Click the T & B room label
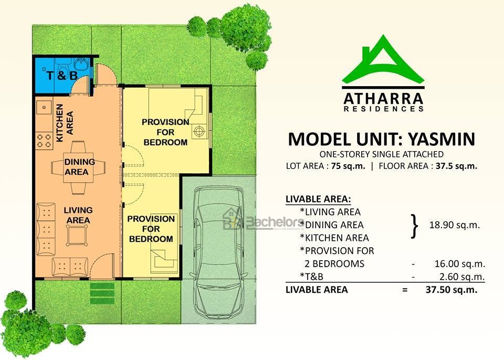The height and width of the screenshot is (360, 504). [62, 76]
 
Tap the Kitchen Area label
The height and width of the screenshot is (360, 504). [65, 123]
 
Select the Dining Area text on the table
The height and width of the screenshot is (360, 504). [80, 167]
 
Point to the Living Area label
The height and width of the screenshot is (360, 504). [78, 215]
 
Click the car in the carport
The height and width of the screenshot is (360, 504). [218, 252]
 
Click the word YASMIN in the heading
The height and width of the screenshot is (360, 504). [442, 139]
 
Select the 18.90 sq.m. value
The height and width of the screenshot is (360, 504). [455, 225]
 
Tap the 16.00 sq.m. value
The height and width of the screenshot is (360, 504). [460, 264]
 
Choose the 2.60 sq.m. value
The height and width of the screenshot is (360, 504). [462, 277]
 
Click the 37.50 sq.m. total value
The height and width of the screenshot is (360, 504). [451, 290]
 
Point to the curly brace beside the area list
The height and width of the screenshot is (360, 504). [415, 226]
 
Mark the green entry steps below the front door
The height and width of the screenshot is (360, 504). [102, 293]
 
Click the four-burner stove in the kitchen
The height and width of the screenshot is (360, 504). [44, 141]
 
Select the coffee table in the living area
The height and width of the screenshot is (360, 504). [77, 235]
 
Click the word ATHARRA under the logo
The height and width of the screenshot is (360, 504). [383, 98]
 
